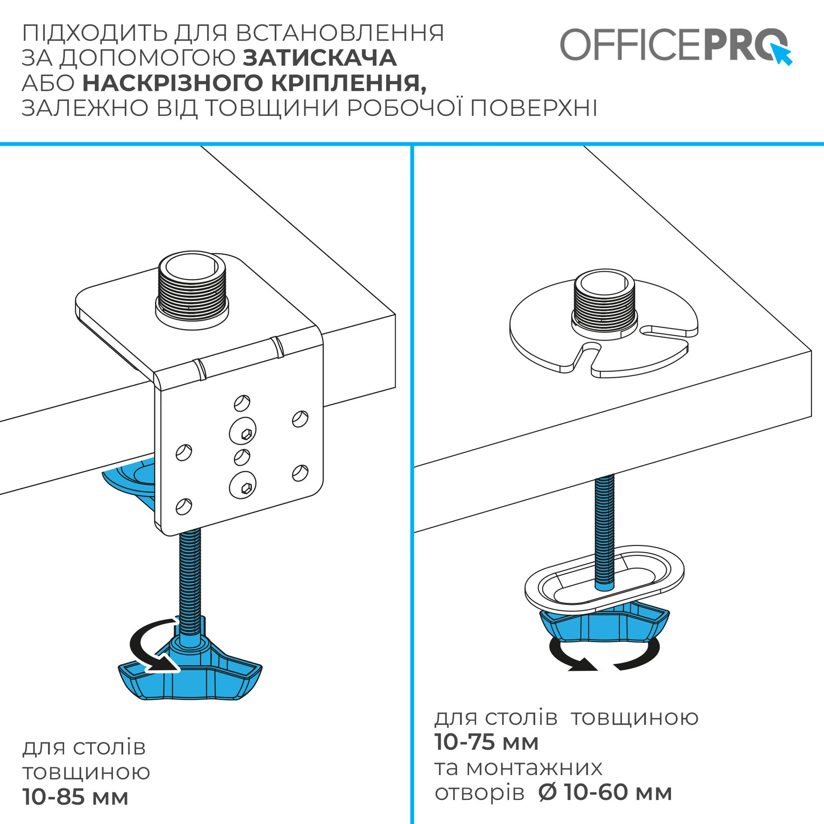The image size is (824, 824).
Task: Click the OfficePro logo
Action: (676, 45)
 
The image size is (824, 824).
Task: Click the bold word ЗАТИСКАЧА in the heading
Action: (320, 58)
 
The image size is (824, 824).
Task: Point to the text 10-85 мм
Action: (75, 797)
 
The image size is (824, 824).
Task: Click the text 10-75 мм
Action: (486, 742)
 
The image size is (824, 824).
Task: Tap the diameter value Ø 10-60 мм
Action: (605, 792)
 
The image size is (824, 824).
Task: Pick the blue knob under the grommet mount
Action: (605, 623)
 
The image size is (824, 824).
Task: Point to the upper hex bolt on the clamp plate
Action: (243, 431)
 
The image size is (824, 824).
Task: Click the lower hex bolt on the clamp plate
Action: (243, 485)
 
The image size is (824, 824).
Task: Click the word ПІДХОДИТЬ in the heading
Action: (95, 33)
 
